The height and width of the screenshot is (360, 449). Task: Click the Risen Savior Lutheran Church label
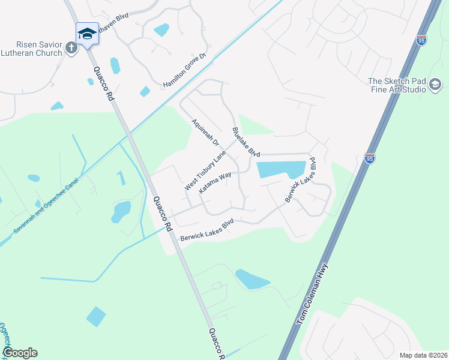tap(31, 49)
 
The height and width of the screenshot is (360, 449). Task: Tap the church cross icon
tap(71, 49)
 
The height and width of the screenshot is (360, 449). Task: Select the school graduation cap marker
tap(87, 34)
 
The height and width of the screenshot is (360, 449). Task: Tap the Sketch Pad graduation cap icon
tap(434, 86)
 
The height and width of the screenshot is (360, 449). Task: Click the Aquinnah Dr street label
tap(206, 135)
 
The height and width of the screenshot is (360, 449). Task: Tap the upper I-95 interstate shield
tap(421, 41)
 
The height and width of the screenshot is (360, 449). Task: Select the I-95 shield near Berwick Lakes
tap(370, 158)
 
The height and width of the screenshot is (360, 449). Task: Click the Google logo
tap(20, 353)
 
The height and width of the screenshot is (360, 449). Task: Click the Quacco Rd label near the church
tap(102, 82)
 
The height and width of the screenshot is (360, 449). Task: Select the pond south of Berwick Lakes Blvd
tap(253, 279)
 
